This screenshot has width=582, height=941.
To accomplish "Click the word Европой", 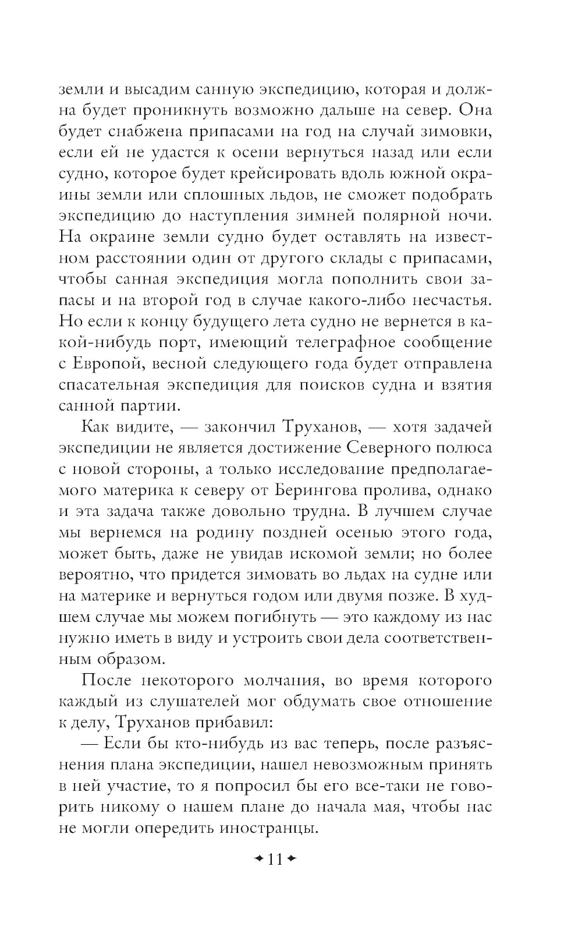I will (109, 364).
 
